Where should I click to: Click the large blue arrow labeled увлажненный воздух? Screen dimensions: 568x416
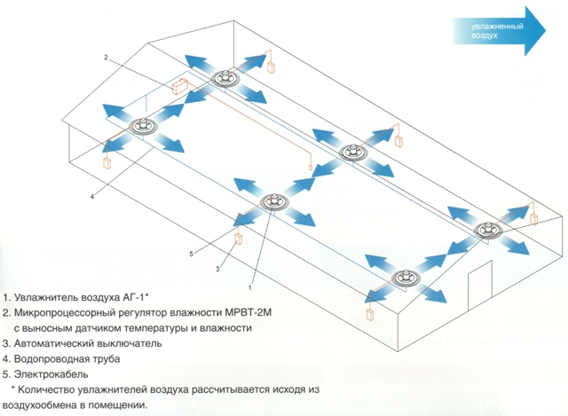click(499, 31)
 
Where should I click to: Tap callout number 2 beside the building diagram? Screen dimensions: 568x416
click(106, 57)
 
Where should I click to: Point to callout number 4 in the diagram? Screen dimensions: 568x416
click(92, 197)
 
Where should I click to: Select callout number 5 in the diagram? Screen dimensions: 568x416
click(192, 254)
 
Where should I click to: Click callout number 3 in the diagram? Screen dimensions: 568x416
click(217, 269)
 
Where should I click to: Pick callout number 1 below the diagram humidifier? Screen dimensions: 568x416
click(250, 288)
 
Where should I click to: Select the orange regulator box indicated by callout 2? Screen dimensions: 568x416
click(180, 86)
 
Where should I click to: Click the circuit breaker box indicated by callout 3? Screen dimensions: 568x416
click(239, 239)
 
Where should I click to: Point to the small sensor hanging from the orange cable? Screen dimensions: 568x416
click(311, 168)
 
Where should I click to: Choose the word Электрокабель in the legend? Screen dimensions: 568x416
click(51, 374)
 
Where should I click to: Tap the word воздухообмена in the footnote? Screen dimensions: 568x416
click(36, 405)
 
